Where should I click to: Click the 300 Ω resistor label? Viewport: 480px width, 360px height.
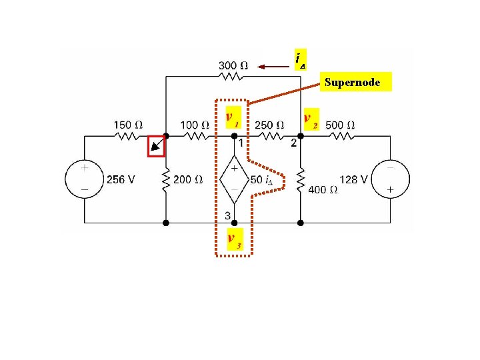(234, 65)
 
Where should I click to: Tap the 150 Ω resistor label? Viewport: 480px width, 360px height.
(127, 124)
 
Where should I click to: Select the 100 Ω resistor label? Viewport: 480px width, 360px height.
(195, 124)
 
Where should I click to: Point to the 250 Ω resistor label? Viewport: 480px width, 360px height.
(269, 124)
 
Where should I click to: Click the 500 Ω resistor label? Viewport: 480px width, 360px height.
(340, 124)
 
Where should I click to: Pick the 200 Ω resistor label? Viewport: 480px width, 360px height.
(187, 179)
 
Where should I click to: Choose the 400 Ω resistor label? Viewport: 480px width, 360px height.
(323, 189)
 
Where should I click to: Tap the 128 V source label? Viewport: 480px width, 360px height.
(354, 179)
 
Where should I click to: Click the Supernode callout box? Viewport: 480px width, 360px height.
(353, 83)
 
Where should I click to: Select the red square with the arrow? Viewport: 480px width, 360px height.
(156, 145)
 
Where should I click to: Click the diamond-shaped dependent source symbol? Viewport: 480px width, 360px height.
(234, 179)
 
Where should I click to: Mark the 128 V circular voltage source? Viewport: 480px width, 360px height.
(390, 179)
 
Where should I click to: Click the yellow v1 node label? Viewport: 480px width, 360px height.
(233, 118)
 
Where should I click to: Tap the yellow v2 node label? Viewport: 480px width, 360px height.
(311, 120)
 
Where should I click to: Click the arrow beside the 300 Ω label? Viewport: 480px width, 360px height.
(273, 66)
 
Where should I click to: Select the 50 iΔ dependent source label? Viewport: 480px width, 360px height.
(262, 179)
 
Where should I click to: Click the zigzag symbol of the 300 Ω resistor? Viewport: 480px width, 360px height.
(234, 77)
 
